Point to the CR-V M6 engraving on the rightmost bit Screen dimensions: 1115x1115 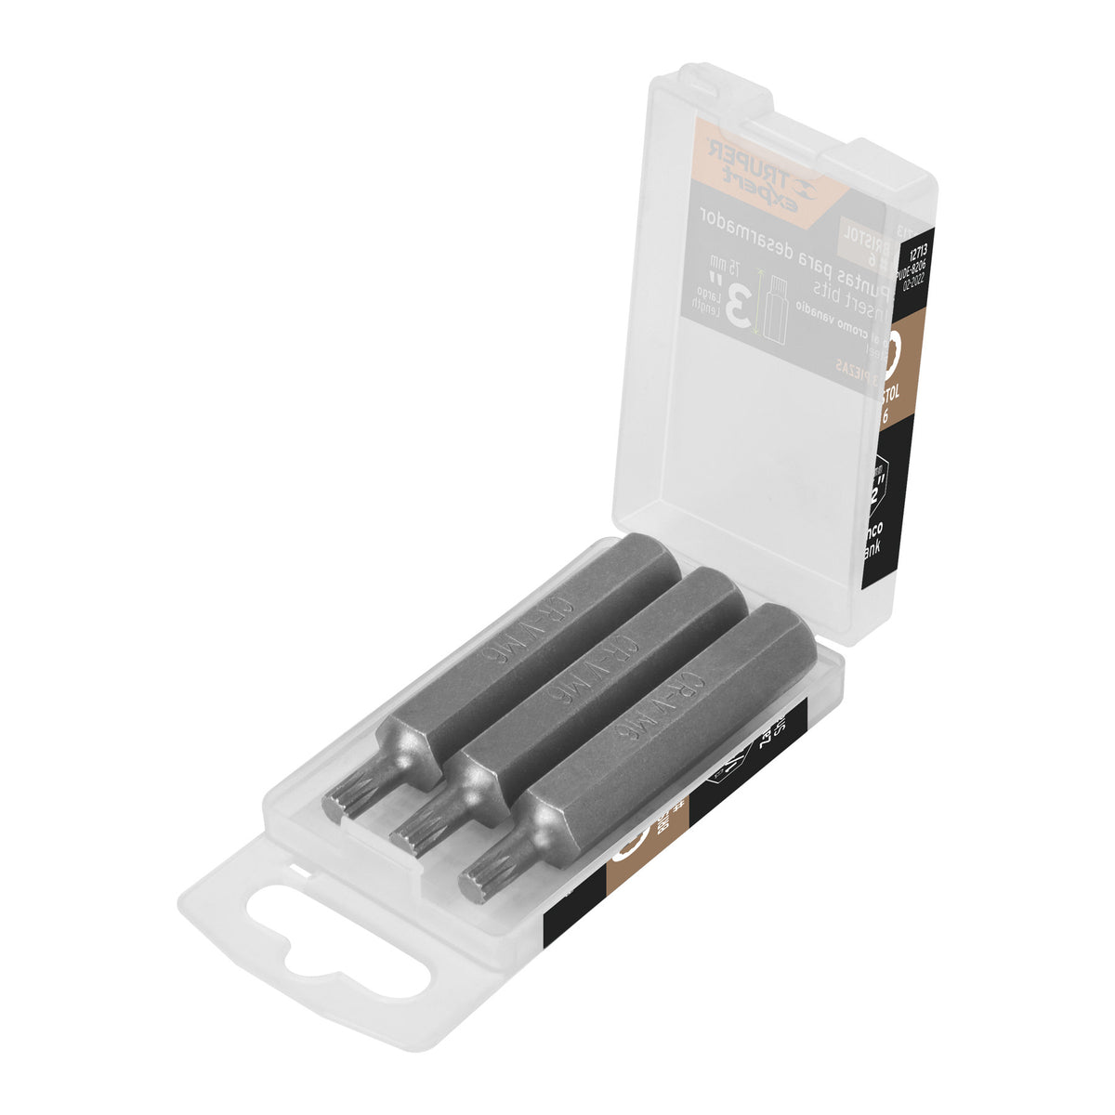point(685,706)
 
